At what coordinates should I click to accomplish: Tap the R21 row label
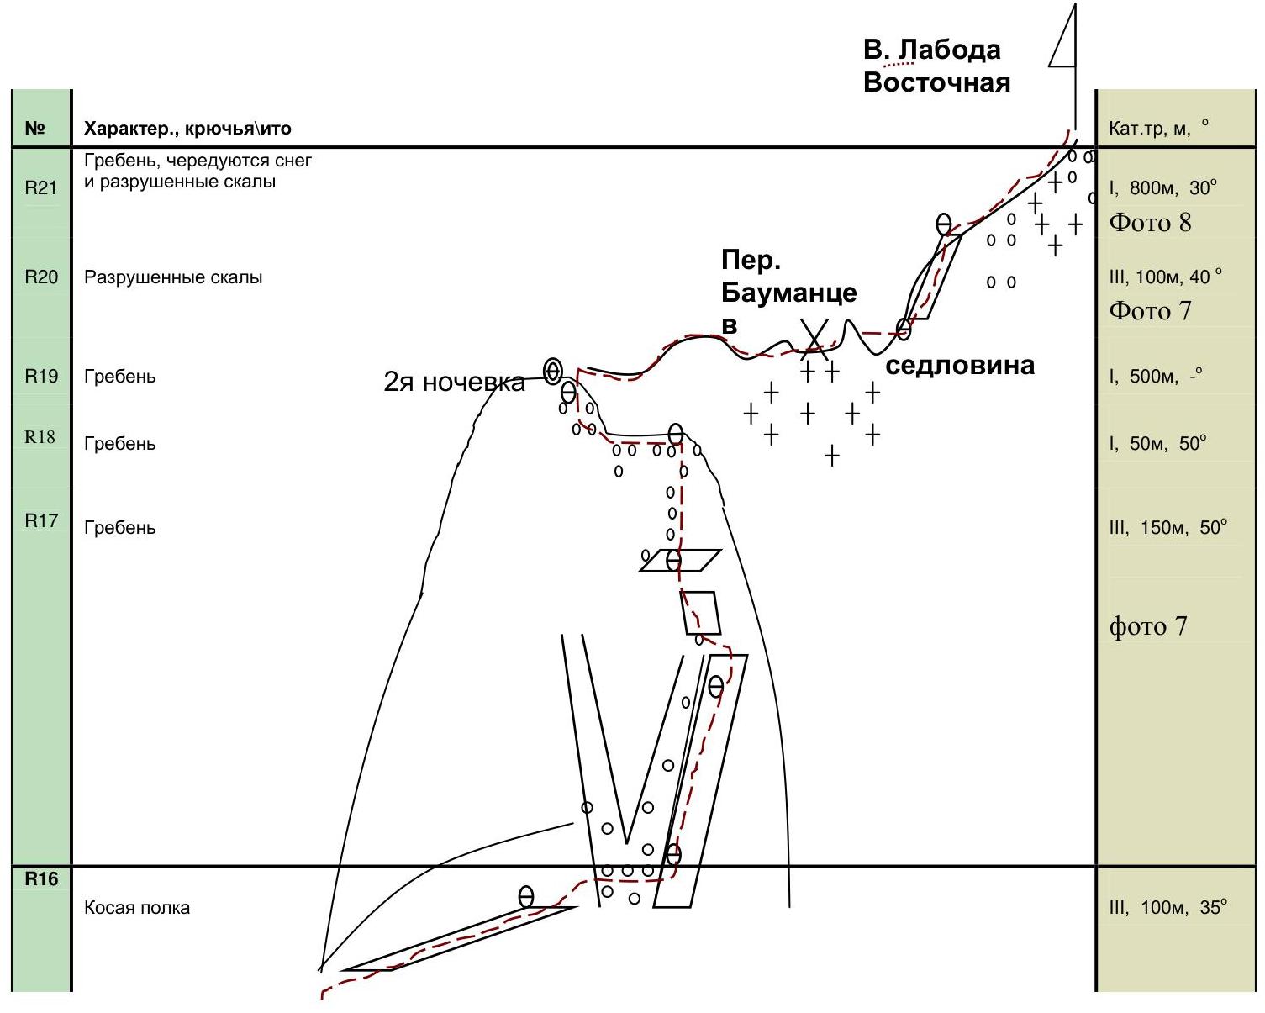point(40,187)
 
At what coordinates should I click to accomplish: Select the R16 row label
point(41,879)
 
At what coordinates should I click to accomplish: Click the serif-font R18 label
point(40,437)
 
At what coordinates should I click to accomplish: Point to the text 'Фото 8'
point(1150,223)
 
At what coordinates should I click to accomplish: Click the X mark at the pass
point(814,340)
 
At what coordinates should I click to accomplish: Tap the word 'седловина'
point(959,366)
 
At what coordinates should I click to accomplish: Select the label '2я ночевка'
point(454,383)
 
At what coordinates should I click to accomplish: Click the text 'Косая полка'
point(137,908)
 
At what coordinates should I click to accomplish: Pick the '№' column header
point(34,128)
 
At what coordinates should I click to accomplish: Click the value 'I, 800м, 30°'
point(1162,187)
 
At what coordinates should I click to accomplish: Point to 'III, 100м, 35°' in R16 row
point(1167,907)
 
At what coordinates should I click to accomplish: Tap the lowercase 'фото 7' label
point(1148,626)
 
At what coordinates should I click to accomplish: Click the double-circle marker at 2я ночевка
point(552,371)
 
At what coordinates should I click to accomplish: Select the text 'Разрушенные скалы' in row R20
point(173,277)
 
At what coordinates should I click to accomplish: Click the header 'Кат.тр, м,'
point(1149,128)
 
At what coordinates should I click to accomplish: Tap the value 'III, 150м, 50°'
point(1167,527)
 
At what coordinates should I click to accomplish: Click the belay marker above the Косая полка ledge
point(526,897)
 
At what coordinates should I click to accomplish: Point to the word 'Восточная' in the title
point(936,82)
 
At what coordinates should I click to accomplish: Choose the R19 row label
point(41,376)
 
